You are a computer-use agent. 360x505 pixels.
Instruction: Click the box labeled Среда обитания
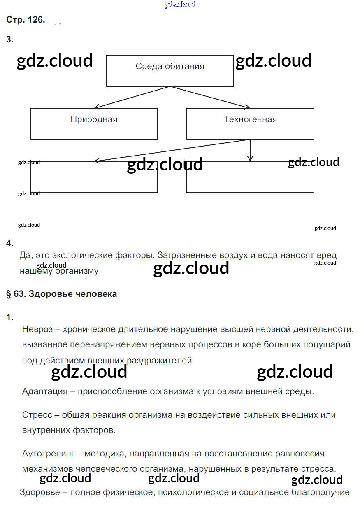[x=170, y=70]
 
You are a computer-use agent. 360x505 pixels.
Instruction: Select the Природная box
[x=94, y=123]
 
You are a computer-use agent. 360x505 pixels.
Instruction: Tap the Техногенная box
[x=250, y=123]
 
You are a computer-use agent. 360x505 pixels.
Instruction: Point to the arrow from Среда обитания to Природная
[x=132, y=98]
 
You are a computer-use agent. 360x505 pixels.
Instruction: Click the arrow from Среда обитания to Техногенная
[x=210, y=98]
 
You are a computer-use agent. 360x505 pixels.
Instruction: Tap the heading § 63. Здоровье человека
[x=62, y=294]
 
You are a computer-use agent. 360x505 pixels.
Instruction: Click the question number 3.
[x=10, y=40]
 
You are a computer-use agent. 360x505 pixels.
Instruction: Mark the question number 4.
[x=10, y=243]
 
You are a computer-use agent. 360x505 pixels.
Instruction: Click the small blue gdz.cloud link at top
[x=180, y=5]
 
